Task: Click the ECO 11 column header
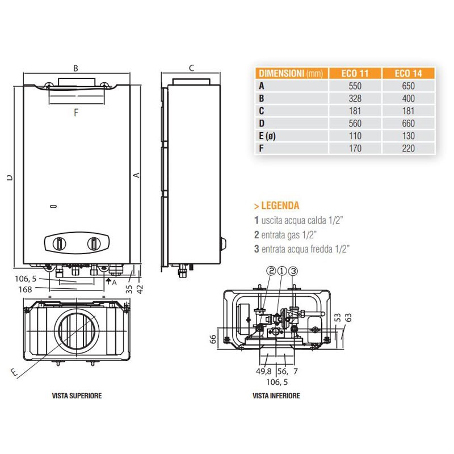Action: point(355,73)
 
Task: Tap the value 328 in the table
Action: point(355,98)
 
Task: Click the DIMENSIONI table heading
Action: point(290,73)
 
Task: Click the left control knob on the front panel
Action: point(58,244)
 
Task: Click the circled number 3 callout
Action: point(293,271)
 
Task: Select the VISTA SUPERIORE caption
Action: point(77,396)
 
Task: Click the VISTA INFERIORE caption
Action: point(276,396)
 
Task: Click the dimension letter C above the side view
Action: point(191,68)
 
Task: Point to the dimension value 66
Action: point(213,339)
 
